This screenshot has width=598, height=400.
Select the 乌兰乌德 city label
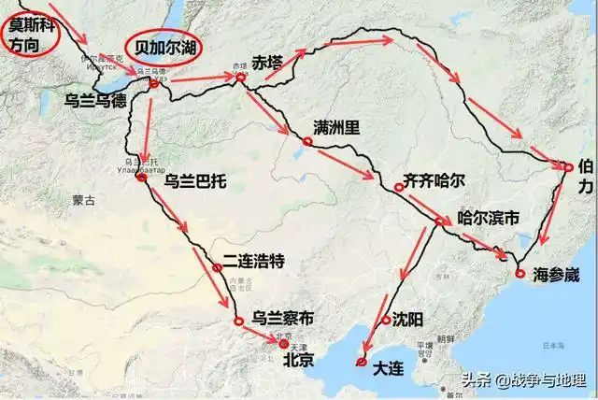coord(95,99)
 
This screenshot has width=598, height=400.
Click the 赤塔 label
coord(265,63)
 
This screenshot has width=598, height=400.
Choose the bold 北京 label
coord(298,359)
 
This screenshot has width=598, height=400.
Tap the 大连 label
coord(388,368)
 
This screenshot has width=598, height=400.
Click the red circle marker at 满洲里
coord(306,141)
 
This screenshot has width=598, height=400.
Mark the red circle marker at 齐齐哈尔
coord(399,188)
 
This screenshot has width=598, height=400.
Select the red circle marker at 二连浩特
coord(217,268)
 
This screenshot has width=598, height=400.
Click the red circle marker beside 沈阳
coord(386,321)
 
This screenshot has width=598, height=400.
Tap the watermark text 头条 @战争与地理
coord(522,381)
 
